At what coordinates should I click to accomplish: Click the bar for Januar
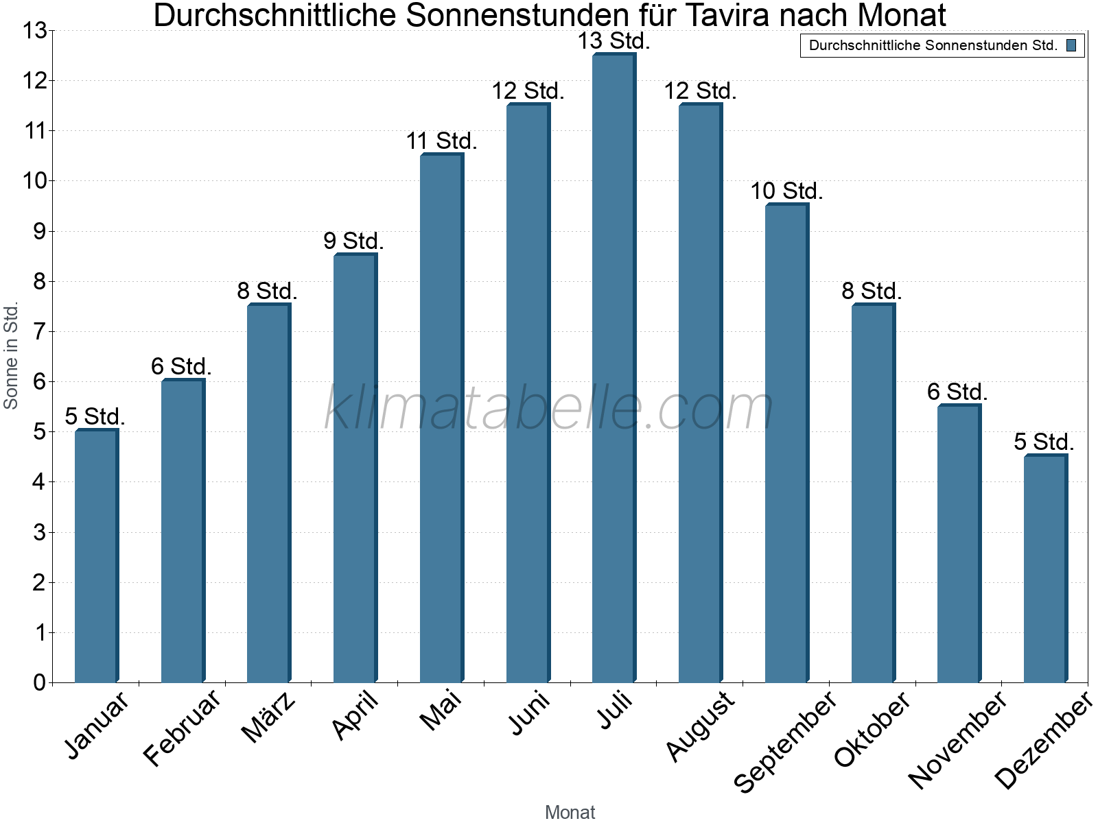(96, 556)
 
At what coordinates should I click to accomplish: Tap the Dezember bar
(1044, 569)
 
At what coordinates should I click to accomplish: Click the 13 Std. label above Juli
(614, 41)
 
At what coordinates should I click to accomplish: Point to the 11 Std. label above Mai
(441, 141)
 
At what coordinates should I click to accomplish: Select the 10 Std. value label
(786, 191)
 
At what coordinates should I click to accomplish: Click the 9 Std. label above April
(353, 241)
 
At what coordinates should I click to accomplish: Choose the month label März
(269, 717)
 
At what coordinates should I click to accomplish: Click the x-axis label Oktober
(872, 728)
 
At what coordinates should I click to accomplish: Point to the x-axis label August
(700, 726)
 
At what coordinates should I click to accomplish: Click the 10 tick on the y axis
(34, 181)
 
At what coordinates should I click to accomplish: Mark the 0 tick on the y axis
(39, 682)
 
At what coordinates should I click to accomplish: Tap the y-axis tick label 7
(39, 331)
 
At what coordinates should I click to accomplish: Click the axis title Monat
(570, 812)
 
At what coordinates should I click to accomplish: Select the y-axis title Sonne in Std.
(11, 357)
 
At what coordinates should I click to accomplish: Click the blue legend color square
(1071, 46)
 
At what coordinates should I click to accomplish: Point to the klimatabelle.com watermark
(549, 409)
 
